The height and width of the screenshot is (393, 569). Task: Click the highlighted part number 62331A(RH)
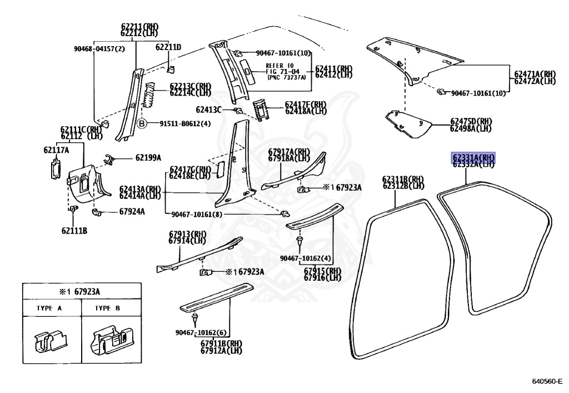coord(472,157)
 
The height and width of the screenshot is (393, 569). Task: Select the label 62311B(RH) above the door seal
coord(403,178)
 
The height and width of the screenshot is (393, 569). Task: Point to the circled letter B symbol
coord(142,124)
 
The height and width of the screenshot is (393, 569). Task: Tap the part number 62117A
coord(57,150)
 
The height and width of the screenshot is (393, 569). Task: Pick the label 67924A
coord(132,211)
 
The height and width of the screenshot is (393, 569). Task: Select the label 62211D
coord(168,47)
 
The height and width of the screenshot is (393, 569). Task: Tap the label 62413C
coord(209,110)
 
